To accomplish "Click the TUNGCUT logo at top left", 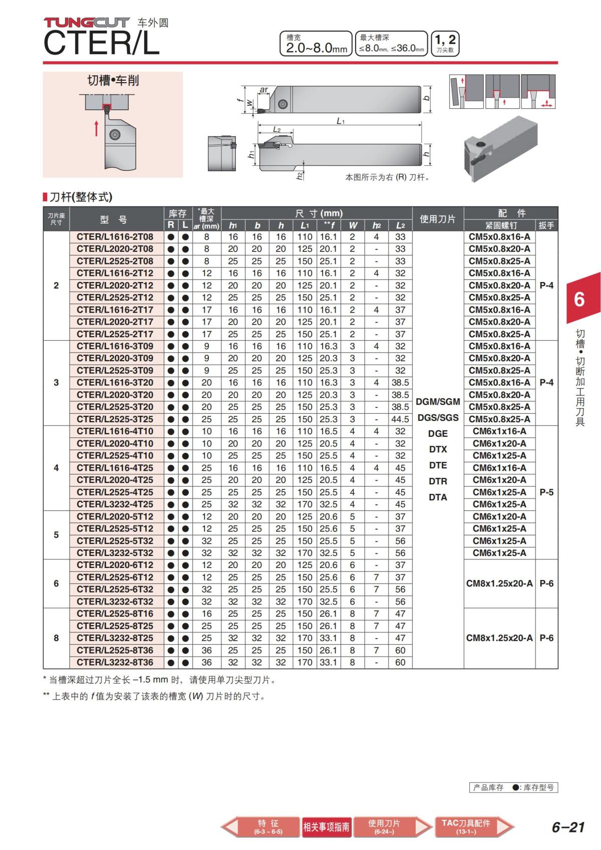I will click(86, 23).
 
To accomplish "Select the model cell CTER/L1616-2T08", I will click(115, 236).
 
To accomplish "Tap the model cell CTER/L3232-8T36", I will click(115, 662).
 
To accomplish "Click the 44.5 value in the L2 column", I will click(400, 419).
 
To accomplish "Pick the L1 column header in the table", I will click(305, 225).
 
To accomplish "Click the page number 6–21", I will click(568, 827).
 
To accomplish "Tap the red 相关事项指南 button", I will click(326, 827).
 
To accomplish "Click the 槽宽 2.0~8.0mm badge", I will click(316, 44).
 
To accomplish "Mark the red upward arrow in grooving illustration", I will click(97, 128).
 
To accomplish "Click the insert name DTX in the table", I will click(438, 449).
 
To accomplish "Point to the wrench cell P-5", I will click(546, 492).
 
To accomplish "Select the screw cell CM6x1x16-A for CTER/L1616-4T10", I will click(499, 431).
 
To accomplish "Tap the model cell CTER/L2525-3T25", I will click(115, 419).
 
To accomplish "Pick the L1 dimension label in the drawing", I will click(341, 121).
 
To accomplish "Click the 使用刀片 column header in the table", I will click(438, 219).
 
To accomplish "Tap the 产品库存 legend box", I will click(513, 787).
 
